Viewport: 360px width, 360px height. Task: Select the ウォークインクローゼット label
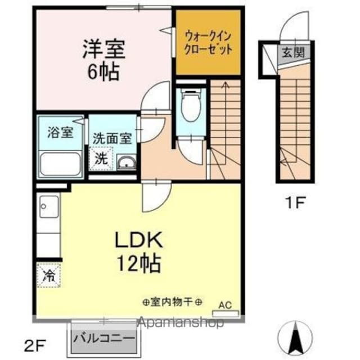pos(208,42)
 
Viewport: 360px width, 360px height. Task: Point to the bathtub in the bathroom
pos(61,163)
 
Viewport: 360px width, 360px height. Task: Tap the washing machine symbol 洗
pos(101,158)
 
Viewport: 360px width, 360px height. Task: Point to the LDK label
pos(138,240)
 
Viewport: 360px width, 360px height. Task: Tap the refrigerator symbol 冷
pos(49,276)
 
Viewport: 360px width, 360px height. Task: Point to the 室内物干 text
pos(172,302)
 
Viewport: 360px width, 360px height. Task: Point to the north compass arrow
pos(296,337)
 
